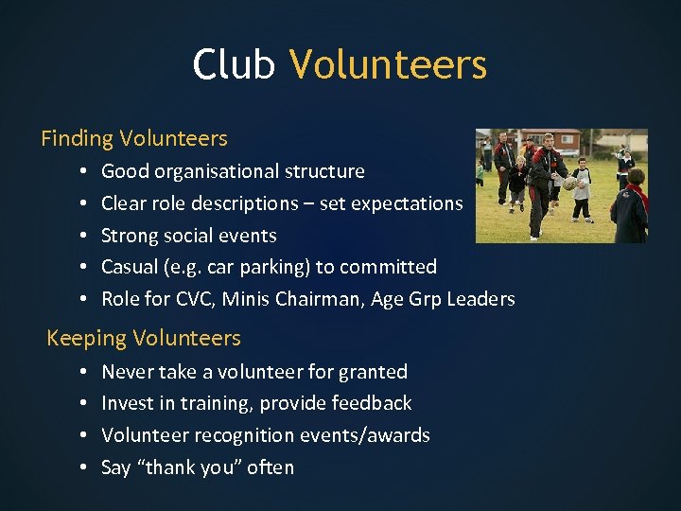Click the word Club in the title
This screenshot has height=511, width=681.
tap(234, 64)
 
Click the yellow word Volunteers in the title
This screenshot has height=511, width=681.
tap(388, 64)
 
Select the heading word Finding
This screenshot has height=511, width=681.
tap(77, 138)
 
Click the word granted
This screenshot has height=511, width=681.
tap(371, 372)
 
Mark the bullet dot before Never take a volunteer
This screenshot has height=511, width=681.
tap(83, 372)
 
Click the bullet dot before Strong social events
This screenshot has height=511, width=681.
tap(83, 236)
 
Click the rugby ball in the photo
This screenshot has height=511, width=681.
tap(569, 183)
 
